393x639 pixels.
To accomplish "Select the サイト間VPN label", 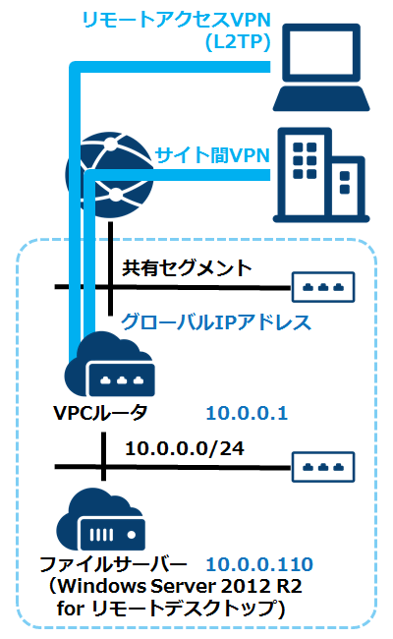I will click(x=211, y=154).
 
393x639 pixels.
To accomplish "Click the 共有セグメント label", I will click(x=187, y=266).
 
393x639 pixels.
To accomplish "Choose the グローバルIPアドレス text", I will click(x=215, y=321).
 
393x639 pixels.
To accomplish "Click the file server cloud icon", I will click(x=103, y=521).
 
